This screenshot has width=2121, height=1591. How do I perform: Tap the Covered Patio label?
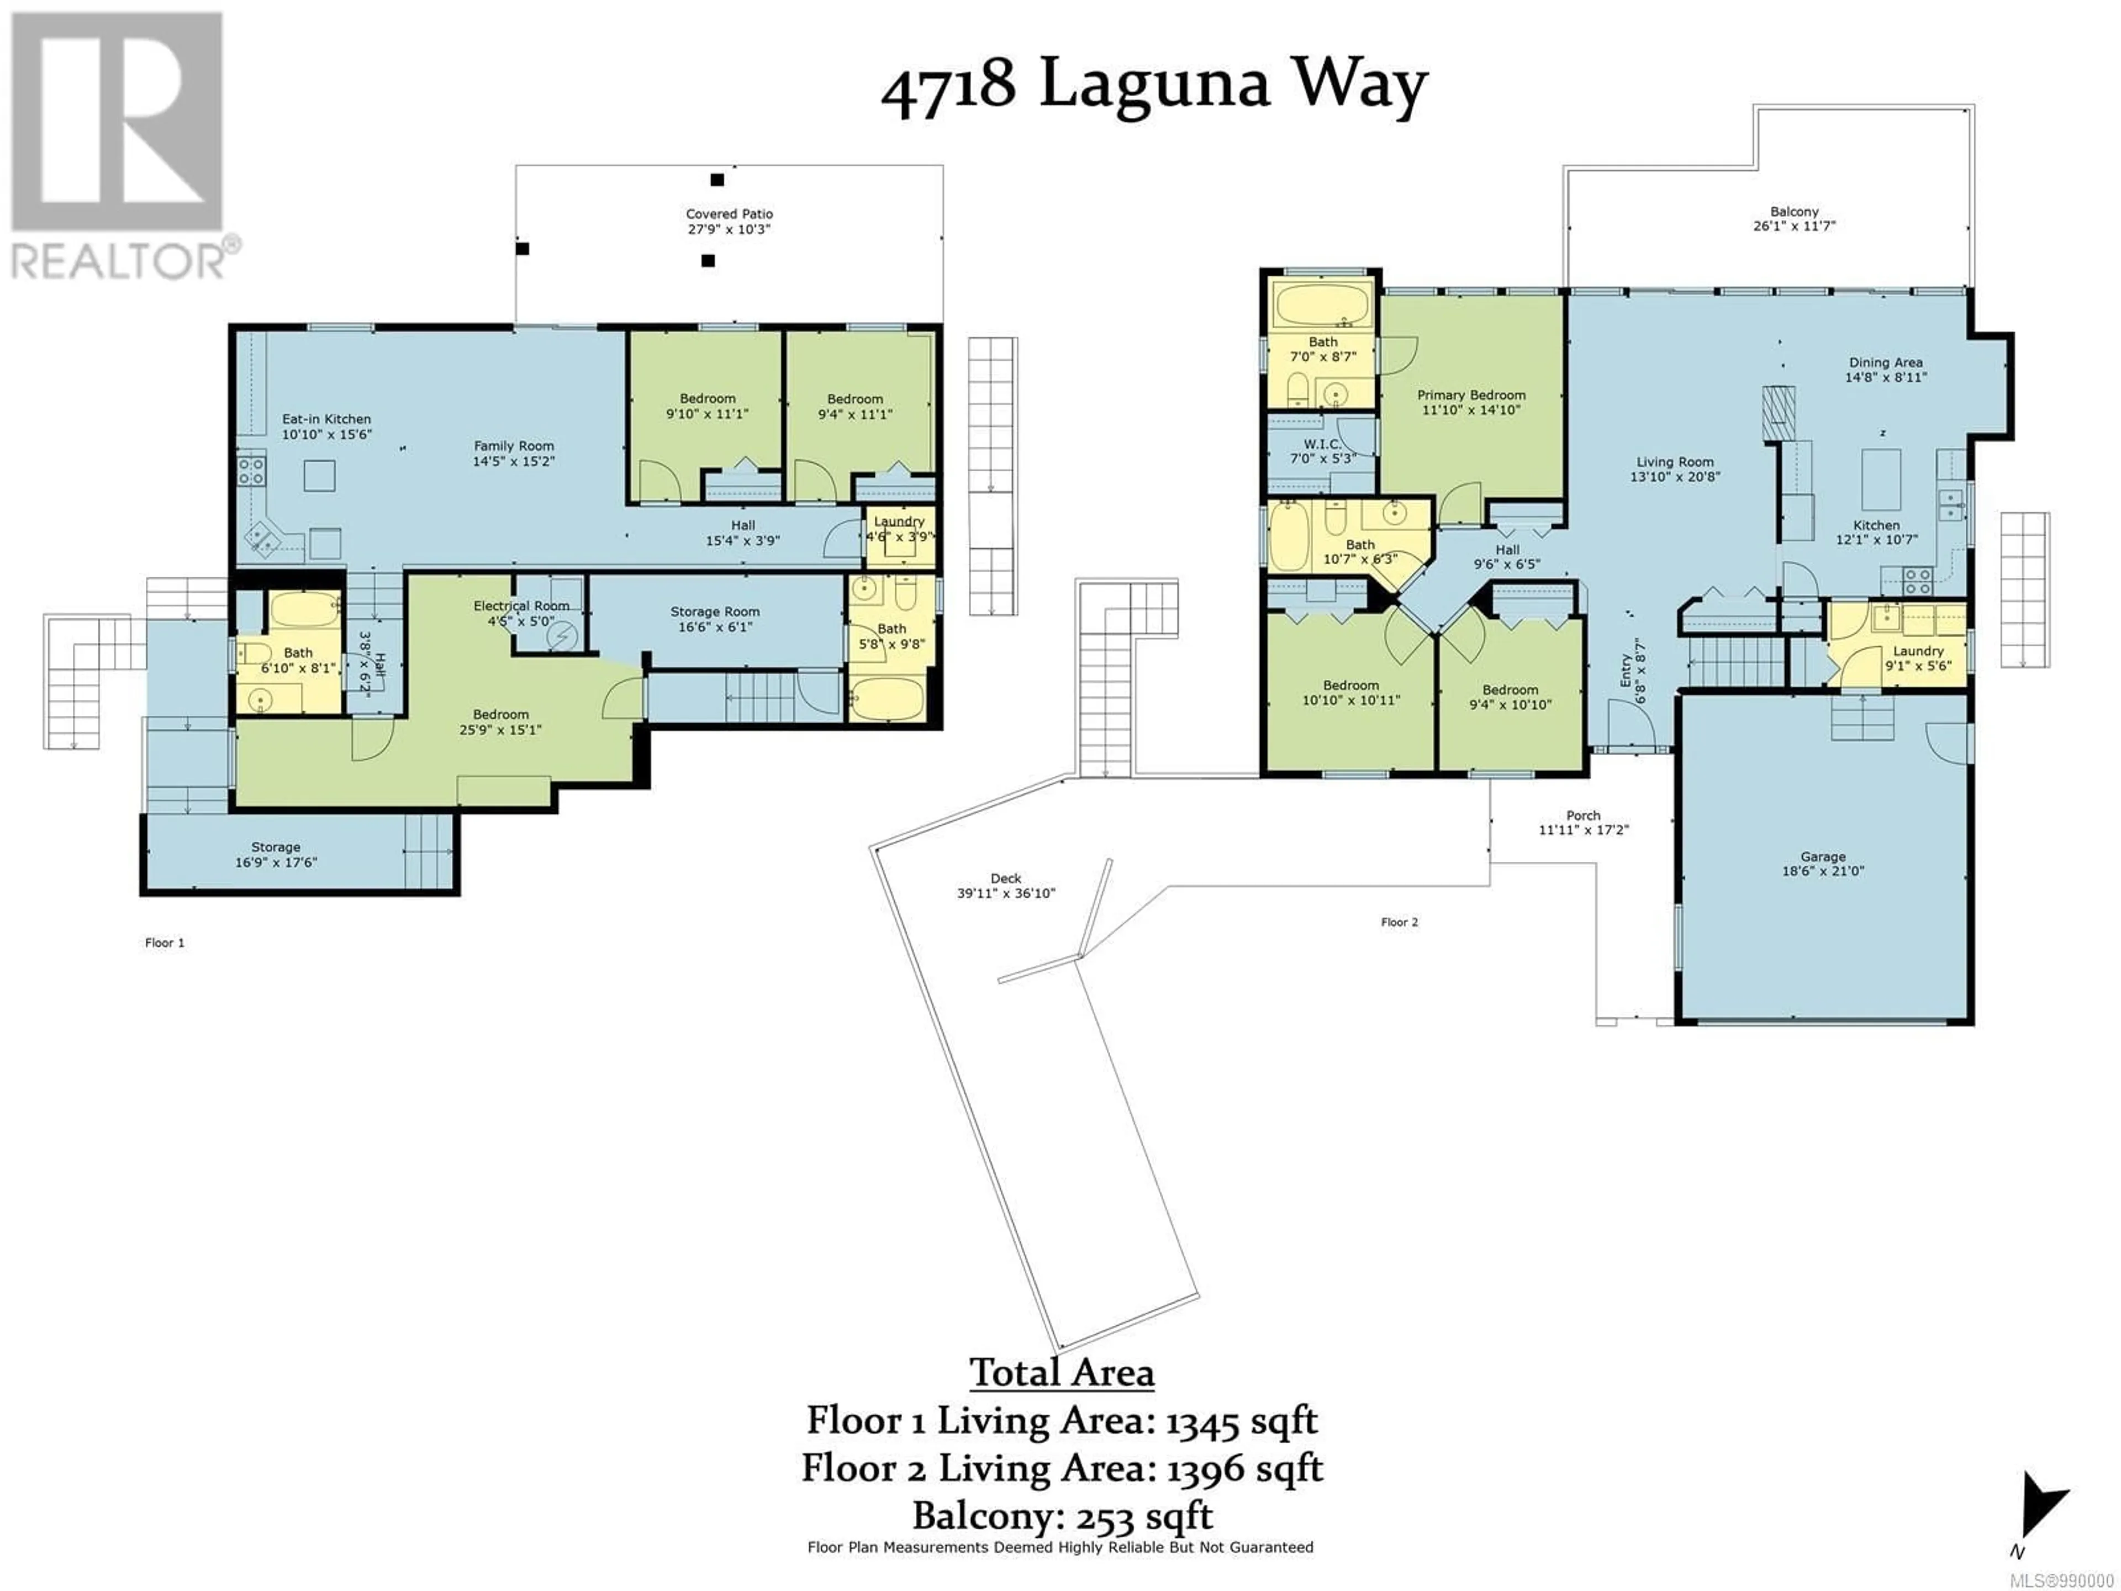coord(729,214)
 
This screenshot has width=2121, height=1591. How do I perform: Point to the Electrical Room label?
coord(521,606)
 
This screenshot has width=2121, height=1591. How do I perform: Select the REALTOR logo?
coord(120,146)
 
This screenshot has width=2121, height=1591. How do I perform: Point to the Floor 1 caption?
coord(165,942)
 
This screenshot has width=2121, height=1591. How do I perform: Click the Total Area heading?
coord(1062,1372)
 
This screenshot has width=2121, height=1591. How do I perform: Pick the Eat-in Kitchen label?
coord(326,419)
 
